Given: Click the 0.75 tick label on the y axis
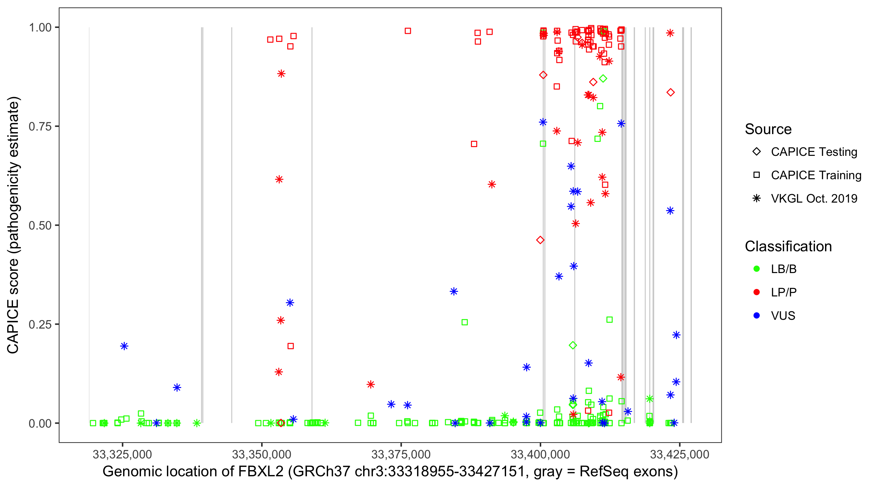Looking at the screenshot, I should coord(40,127).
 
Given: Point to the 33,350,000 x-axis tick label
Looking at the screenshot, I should coord(261,454).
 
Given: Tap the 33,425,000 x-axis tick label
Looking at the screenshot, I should coord(680,454).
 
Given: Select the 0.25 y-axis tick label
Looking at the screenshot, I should coord(40,324).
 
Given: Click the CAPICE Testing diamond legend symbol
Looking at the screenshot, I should coord(756,152).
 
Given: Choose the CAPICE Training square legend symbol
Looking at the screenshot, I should coord(756,175).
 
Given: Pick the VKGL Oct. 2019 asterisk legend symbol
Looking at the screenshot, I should coord(756,198).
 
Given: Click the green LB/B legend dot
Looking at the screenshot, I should coord(756,269).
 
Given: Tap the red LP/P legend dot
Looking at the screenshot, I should coord(756,292).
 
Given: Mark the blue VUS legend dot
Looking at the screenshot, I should coord(756,316).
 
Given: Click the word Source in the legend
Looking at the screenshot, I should coord(768,129).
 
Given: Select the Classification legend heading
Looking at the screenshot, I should coord(788,246).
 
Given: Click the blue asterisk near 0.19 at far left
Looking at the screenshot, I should coord(124,346).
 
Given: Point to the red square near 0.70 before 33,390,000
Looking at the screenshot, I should coord(474,144).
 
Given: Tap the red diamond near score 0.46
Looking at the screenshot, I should coord(540,240).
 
